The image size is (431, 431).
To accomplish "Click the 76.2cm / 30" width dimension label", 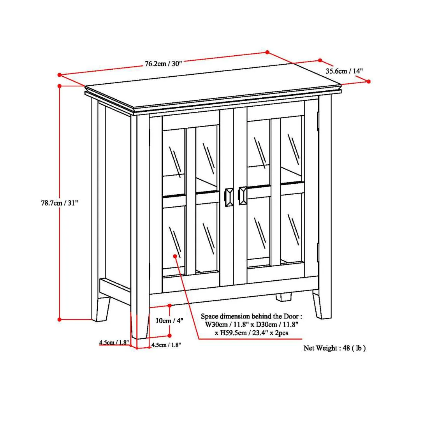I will click(x=163, y=64).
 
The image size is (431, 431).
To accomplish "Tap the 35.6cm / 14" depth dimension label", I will click(x=344, y=71).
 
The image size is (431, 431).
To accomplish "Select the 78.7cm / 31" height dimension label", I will click(x=60, y=203).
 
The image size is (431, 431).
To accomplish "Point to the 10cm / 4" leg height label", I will click(x=169, y=321).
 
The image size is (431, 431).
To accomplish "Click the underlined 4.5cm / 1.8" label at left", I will click(x=114, y=343).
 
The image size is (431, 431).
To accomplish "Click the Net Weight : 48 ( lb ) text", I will click(x=334, y=348).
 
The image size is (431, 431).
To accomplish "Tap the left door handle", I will click(x=229, y=197).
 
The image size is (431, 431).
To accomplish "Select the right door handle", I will click(x=243, y=195).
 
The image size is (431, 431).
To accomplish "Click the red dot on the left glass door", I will click(x=175, y=256).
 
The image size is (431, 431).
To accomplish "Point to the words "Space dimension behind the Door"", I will click(x=251, y=316).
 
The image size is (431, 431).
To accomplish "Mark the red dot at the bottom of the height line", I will click(x=60, y=319).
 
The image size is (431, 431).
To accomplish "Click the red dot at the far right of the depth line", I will click(x=369, y=81).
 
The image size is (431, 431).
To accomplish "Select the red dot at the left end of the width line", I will click(x=60, y=75).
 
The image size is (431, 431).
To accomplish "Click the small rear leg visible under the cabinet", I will click(x=283, y=297).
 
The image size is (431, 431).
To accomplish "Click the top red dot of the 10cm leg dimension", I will click(x=170, y=306).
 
